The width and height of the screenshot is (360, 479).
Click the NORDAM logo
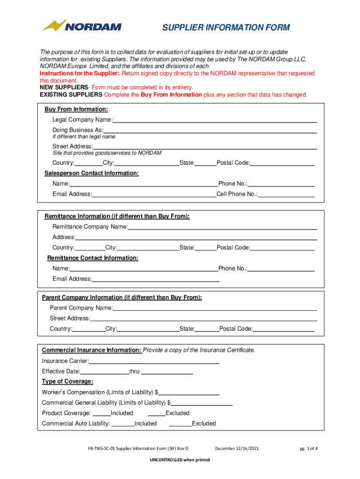(x=82, y=26)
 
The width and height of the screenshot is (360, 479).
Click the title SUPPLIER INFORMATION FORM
(x=226, y=28)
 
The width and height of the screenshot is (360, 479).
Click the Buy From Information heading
(x=76, y=109)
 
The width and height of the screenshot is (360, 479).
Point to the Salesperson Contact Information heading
(x=92, y=173)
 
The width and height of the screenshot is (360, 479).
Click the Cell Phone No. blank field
(x=286, y=194)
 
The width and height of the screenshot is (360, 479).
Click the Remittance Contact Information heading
(x=93, y=258)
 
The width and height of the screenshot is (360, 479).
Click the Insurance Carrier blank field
(x=154, y=361)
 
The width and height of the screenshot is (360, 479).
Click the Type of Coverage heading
(x=67, y=382)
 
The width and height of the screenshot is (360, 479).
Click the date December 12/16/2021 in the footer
(x=237, y=449)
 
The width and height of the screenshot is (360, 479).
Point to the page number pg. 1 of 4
(x=309, y=449)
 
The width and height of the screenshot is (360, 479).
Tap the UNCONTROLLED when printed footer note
(x=180, y=460)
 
